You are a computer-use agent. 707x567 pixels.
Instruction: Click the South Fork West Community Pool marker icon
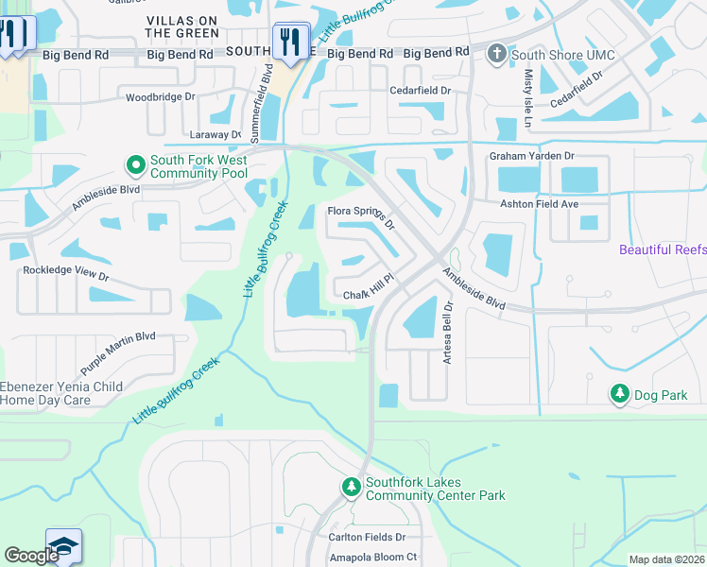[x=135, y=165]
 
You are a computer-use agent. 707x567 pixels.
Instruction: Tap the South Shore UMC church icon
[x=497, y=54]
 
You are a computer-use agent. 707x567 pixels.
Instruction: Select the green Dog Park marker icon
[x=620, y=393]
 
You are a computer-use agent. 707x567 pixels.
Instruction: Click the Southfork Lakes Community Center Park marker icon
[x=351, y=487]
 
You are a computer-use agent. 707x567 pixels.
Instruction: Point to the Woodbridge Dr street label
[x=161, y=97]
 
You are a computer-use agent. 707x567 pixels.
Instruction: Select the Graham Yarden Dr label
[x=531, y=156]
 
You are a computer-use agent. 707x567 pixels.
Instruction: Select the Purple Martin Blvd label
[x=118, y=350]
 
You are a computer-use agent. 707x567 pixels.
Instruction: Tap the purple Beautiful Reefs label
[x=663, y=249]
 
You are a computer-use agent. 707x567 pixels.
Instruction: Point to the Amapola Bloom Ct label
[x=372, y=558]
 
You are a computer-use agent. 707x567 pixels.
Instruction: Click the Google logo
[x=31, y=556]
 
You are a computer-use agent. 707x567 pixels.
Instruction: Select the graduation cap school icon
[x=63, y=547]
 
